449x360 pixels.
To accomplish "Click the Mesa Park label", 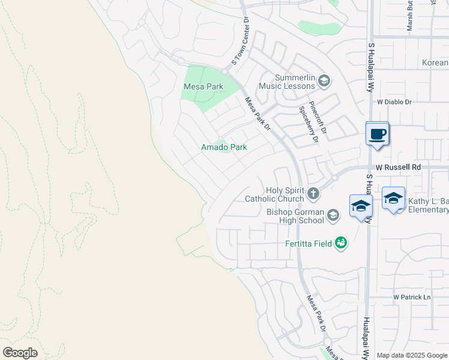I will click(x=203, y=87).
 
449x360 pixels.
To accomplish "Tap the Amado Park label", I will click(x=224, y=147).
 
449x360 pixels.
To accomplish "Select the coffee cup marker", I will click(x=377, y=134).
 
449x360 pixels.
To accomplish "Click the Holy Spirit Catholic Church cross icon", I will click(x=312, y=193).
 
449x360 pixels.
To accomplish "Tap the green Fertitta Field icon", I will click(x=341, y=243).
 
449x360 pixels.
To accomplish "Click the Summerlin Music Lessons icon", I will click(x=324, y=81).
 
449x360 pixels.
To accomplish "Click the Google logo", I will click(x=20, y=353).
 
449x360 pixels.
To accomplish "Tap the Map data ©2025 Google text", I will click(x=412, y=355).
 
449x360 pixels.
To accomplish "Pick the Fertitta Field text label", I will click(x=309, y=244).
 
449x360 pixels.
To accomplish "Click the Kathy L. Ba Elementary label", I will click(x=428, y=206).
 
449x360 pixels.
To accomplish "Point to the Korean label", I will click(x=435, y=63).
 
